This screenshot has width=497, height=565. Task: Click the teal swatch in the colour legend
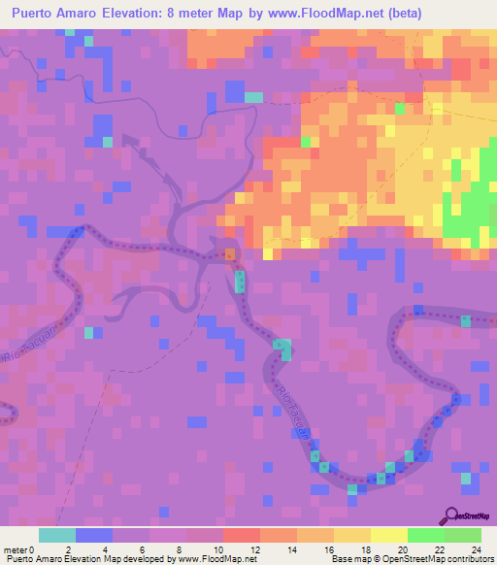57,535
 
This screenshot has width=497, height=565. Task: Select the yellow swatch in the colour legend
352,535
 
